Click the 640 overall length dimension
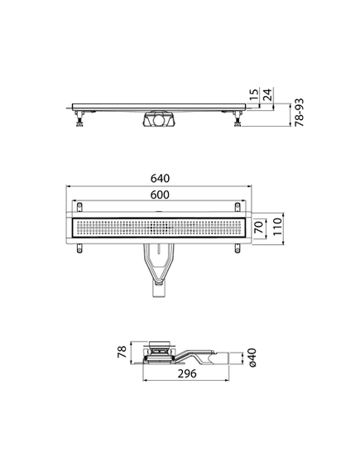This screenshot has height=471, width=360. tap(161, 179)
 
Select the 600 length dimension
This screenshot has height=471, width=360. tap(161, 195)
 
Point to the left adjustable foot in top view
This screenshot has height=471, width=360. tap(79, 123)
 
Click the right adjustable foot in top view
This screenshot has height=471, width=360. tap(239, 123)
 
